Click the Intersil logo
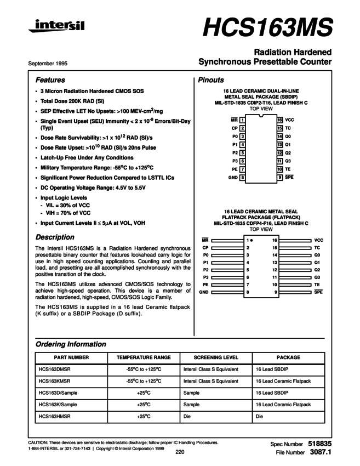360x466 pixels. pyautogui.click(x=56, y=26)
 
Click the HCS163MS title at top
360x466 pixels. pyautogui.click(x=268, y=26)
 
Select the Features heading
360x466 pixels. pyautogui.click(x=50, y=80)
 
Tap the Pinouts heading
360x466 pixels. pyautogui.click(x=211, y=80)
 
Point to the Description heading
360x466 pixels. pyautogui.click(x=55, y=237)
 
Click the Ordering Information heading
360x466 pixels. pyautogui.click(x=71, y=344)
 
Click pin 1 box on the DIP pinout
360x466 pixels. pyautogui.click(x=242, y=120)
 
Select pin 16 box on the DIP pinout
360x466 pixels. pyautogui.click(x=279, y=120)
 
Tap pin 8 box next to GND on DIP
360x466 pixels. pyautogui.click(x=242, y=178)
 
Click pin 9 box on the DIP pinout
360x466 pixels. pyautogui.click(x=279, y=178)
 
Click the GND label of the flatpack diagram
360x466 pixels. pyautogui.click(x=203, y=293)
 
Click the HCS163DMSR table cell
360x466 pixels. pyautogui.click(x=53, y=369)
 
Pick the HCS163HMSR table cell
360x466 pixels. pyautogui.click(x=53, y=417)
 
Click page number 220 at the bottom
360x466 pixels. pyautogui.click(x=180, y=452)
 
